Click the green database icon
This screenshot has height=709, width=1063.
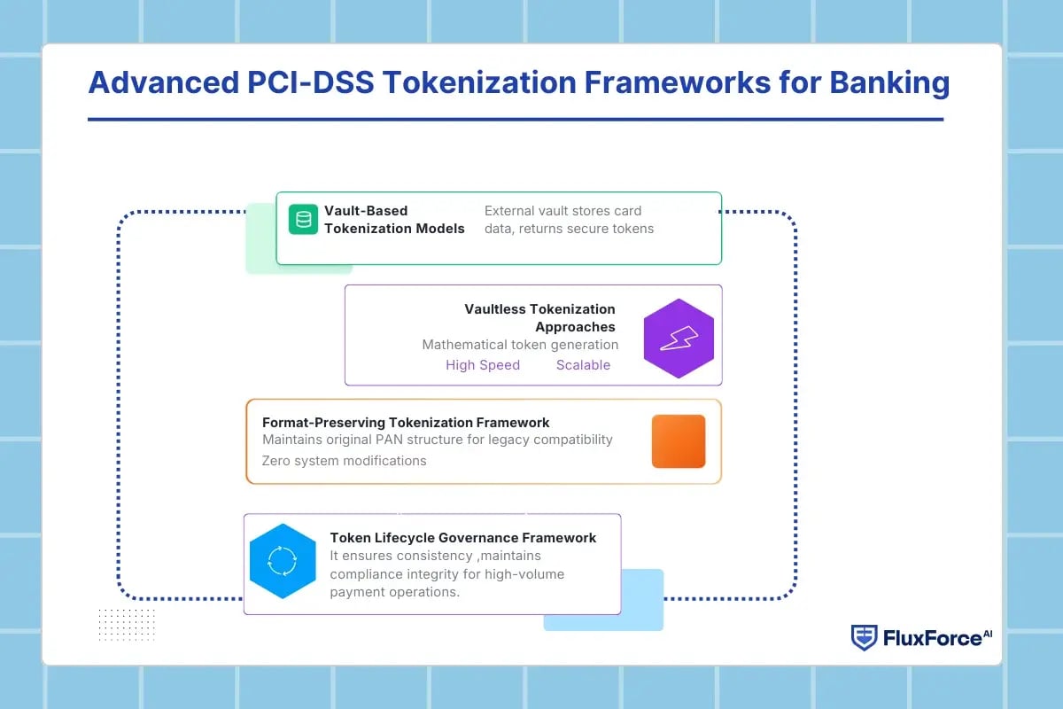click(x=303, y=219)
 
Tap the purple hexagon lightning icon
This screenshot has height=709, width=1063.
click(x=679, y=339)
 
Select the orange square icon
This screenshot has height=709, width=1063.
click(x=679, y=440)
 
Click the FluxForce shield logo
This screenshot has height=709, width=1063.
click(x=864, y=637)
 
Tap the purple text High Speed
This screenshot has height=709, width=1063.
click(x=483, y=365)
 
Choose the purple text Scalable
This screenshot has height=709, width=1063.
click(x=583, y=365)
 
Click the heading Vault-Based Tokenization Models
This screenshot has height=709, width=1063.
click(x=394, y=220)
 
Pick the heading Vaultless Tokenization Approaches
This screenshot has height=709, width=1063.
click(x=539, y=317)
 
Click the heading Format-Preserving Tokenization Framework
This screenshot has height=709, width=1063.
click(x=406, y=423)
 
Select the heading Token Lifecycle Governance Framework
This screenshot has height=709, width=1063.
click(x=462, y=537)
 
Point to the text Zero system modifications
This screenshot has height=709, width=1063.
click(x=344, y=461)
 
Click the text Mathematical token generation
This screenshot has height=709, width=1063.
click(x=520, y=345)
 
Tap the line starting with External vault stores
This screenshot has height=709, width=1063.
click(x=563, y=211)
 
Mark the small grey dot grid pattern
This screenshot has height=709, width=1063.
click(x=127, y=623)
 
